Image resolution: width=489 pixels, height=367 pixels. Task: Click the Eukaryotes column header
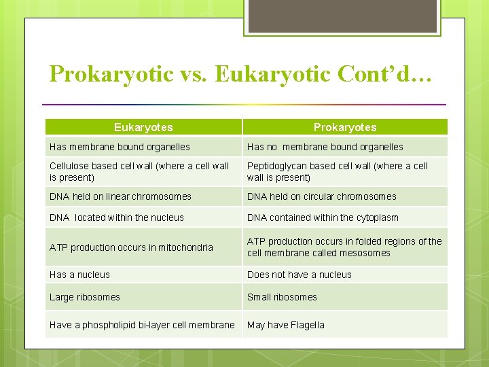[143, 127]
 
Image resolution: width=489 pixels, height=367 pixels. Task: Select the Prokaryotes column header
[345, 127]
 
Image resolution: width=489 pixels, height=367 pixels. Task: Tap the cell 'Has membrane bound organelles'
[120, 147]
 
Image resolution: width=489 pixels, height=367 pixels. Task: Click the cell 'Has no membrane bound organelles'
[325, 147]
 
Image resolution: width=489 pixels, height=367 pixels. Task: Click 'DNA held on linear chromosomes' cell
[120, 196]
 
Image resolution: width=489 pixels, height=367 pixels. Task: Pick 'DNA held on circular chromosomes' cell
[321, 196]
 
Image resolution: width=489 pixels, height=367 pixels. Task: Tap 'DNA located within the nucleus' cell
[116, 217]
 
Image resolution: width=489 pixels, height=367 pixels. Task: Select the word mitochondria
[187, 247]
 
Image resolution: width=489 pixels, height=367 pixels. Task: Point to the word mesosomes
[368, 253]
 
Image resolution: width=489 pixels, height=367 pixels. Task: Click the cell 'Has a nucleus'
[79, 275]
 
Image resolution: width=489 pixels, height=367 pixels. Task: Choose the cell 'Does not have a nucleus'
[299, 275]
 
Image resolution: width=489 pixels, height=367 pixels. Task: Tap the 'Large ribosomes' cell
[84, 297]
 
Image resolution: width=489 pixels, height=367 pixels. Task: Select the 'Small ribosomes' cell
[282, 297]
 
